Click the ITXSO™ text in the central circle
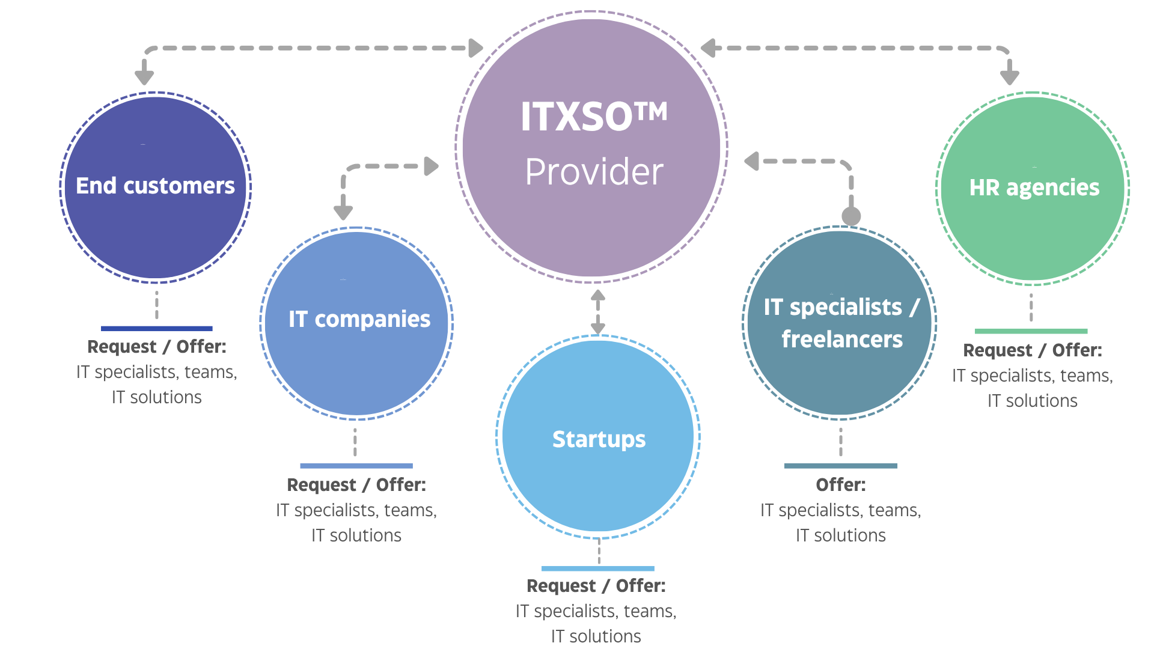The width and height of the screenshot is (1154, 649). click(x=594, y=116)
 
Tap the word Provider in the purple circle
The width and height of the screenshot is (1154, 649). click(x=594, y=172)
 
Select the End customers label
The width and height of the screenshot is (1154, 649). click(x=155, y=186)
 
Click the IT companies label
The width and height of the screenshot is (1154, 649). click(x=359, y=319)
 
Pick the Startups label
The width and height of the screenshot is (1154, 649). click(x=599, y=439)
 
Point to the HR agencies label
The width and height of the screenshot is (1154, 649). click(x=1034, y=187)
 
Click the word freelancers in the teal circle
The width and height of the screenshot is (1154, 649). click(x=842, y=340)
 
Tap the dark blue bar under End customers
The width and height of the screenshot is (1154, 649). click(x=157, y=329)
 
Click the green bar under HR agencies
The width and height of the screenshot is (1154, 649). click(x=1031, y=331)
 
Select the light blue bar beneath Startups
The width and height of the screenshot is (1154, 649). click(x=598, y=568)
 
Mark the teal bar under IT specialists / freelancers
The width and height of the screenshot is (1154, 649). click(x=841, y=466)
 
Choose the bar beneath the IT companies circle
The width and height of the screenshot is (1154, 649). click(x=356, y=466)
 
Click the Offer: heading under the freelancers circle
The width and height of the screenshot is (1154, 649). click(x=841, y=484)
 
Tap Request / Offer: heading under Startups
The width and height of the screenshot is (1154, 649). click(x=596, y=586)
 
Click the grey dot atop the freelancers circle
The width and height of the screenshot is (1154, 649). click(x=851, y=216)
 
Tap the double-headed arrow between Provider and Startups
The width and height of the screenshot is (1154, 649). click(x=597, y=312)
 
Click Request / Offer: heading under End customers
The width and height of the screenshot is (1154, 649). click(x=157, y=347)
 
